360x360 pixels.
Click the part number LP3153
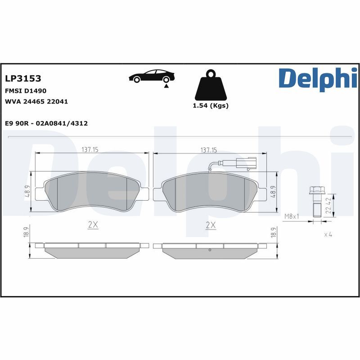pyautogui.click(x=23, y=79)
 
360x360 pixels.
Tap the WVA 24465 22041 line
pyautogui.click(x=36, y=102)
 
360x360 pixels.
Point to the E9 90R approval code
pyautogui.click(x=46, y=123)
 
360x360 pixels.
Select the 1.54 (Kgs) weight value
pyautogui.click(x=211, y=106)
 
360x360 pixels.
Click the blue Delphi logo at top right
pyautogui.click(x=318, y=78)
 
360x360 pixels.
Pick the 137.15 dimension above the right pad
pyautogui.click(x=209, y=150)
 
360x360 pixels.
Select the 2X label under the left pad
pyautogui.click(x=93, y=225)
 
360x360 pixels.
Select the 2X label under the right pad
pyautogui.click(x=210, y=225)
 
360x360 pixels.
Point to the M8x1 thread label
pyautogui.click(x=292, y=216)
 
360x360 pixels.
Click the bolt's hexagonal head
pyautogui.click(x=316, y=191)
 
